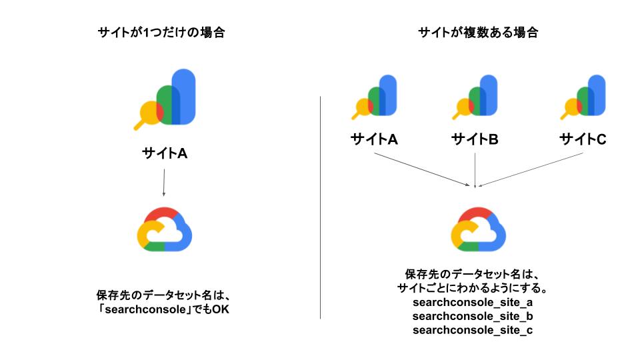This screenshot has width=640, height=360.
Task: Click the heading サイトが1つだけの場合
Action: (161, 33)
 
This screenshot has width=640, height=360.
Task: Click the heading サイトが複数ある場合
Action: (477, 33)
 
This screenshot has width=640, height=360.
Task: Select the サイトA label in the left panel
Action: (164, 153)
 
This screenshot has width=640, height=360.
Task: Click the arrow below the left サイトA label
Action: (164, 181)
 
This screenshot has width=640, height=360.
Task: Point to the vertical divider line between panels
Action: (321, 207)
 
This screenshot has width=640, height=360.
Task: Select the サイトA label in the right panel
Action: (374, 139)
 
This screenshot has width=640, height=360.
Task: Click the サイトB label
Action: (475, 139)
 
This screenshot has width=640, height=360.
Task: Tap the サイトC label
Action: (583, 139)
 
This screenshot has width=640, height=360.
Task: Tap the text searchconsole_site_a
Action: (473, 303)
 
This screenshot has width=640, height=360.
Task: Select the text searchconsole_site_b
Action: (473, 316)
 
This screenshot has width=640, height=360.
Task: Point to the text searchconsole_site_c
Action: (473, 330)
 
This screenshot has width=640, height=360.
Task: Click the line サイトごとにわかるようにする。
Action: (473, 289)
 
